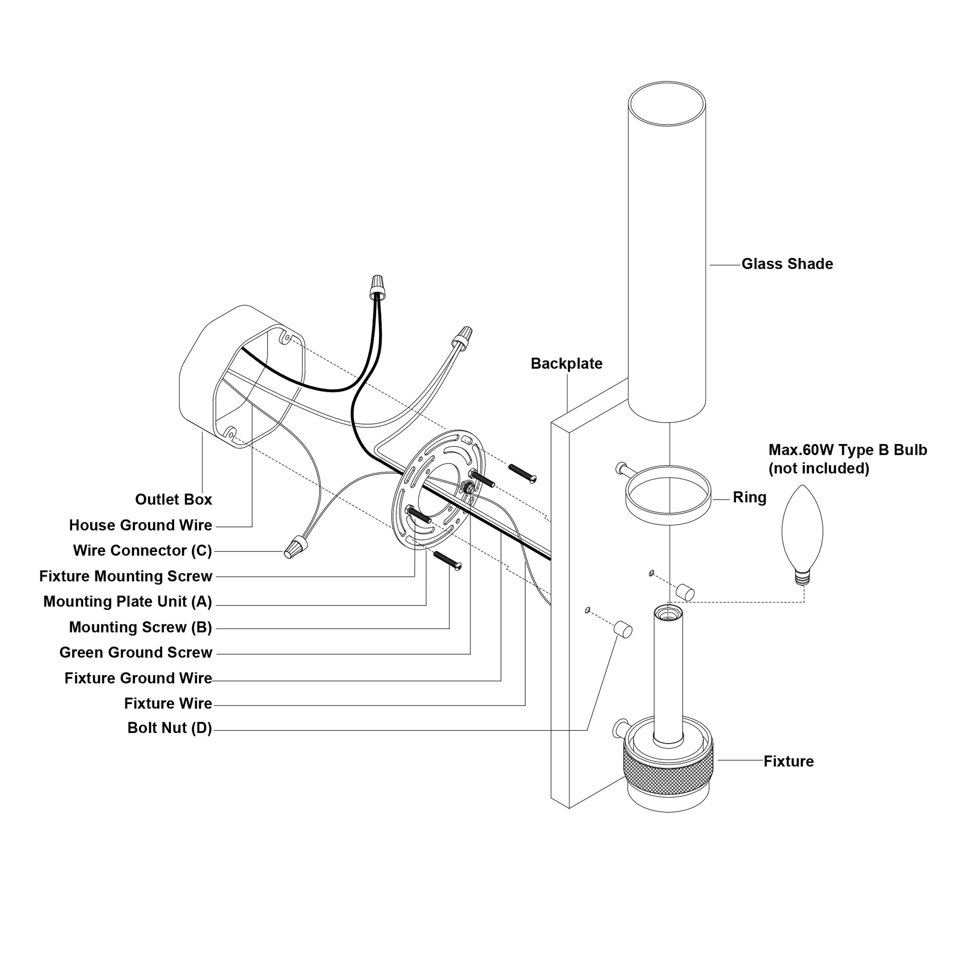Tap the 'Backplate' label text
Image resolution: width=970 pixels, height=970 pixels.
(x=566, y=363)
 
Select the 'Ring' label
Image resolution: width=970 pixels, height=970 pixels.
(x=749, y=498)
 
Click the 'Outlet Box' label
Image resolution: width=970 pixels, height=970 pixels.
(x=173, y=500)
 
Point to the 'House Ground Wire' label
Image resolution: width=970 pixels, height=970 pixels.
(x=141, y=525)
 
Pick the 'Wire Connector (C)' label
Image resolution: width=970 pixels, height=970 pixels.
(x=143, y=551)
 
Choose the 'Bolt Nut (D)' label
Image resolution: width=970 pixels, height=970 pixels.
(x=170, y=728)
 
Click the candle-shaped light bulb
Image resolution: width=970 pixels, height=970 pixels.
(x=802, y=527)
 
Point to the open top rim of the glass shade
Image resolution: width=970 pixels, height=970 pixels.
(x=667, y=104)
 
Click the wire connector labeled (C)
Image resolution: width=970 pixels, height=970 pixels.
(x=296, y=546)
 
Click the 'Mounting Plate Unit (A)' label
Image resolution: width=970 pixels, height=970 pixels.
(x=127, y=601)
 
